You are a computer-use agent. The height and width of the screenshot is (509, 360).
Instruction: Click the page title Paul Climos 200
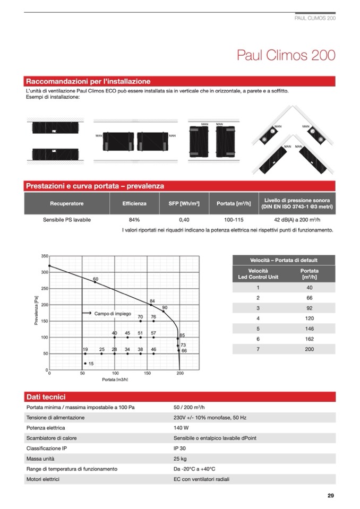(286, 56)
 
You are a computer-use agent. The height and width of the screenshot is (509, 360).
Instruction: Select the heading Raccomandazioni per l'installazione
(88, 82)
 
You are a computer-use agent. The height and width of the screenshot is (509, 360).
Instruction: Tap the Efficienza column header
(134, 203)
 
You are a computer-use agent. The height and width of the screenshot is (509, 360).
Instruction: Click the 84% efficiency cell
(134, 220)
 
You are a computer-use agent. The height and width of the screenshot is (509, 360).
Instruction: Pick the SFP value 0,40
(184, 220)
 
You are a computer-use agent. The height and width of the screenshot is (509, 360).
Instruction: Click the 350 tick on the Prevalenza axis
(45, 256)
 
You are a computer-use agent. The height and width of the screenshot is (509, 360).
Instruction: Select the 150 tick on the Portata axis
(147, 374)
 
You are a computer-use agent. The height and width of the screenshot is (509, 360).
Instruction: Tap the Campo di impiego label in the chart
(113, 314)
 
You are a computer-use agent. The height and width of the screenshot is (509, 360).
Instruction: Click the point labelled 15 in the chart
(91, 364)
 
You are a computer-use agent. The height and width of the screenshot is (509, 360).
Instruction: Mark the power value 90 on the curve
(165, 308)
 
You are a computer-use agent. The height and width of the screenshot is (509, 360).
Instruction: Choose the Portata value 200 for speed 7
(310, 349)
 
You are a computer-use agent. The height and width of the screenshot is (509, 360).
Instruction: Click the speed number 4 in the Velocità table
(258, 318)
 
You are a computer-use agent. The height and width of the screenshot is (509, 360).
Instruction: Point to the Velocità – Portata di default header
(284, 260)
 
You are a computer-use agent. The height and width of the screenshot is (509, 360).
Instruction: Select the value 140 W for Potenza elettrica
(181, 428)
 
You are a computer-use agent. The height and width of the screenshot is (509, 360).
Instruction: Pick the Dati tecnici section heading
(46, 397)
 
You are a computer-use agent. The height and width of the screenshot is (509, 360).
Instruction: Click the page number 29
(330, 496)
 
